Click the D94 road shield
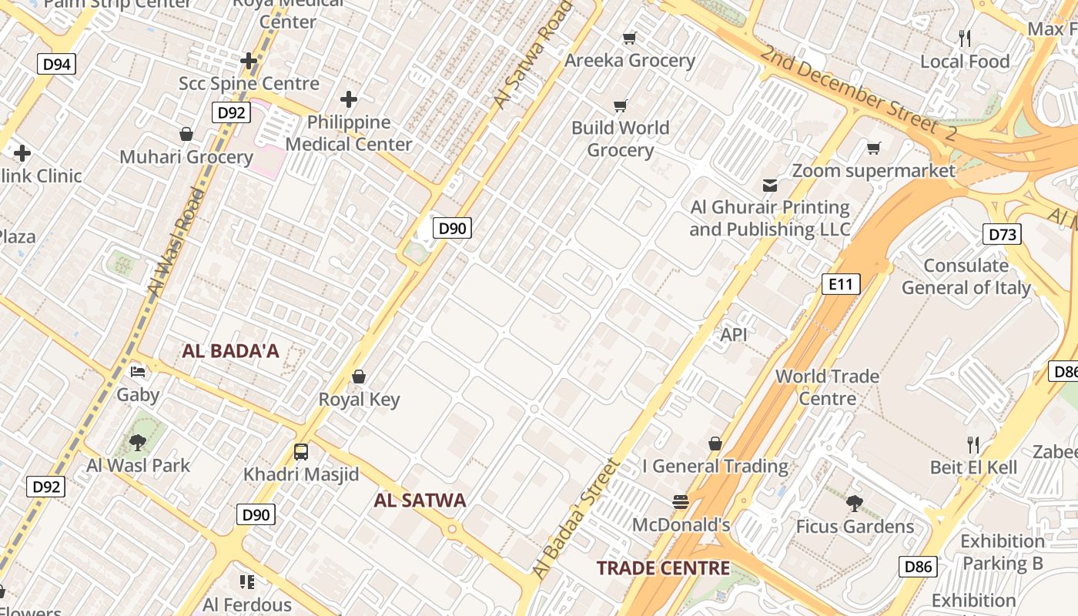coord(57,64)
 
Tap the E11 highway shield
coord(840,284)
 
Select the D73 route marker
coord(1002,234)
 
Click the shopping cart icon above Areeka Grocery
coord(629,38)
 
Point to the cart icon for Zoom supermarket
coord(873,148)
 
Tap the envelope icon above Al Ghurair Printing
coord(769,185)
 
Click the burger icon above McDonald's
coord(680,502)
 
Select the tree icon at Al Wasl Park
coord(138,442)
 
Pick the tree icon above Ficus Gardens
coord(854,504)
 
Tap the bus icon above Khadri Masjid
coord(301,452)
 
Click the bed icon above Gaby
coord(138,372)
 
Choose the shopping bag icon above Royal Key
coord(358,377)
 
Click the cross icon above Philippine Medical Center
coord(349,99)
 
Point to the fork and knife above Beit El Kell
coord(973,444)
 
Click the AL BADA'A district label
coord(230,351)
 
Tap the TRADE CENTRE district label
coord(663,568)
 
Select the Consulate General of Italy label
coord(966,276)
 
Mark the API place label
coord(734,335)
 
